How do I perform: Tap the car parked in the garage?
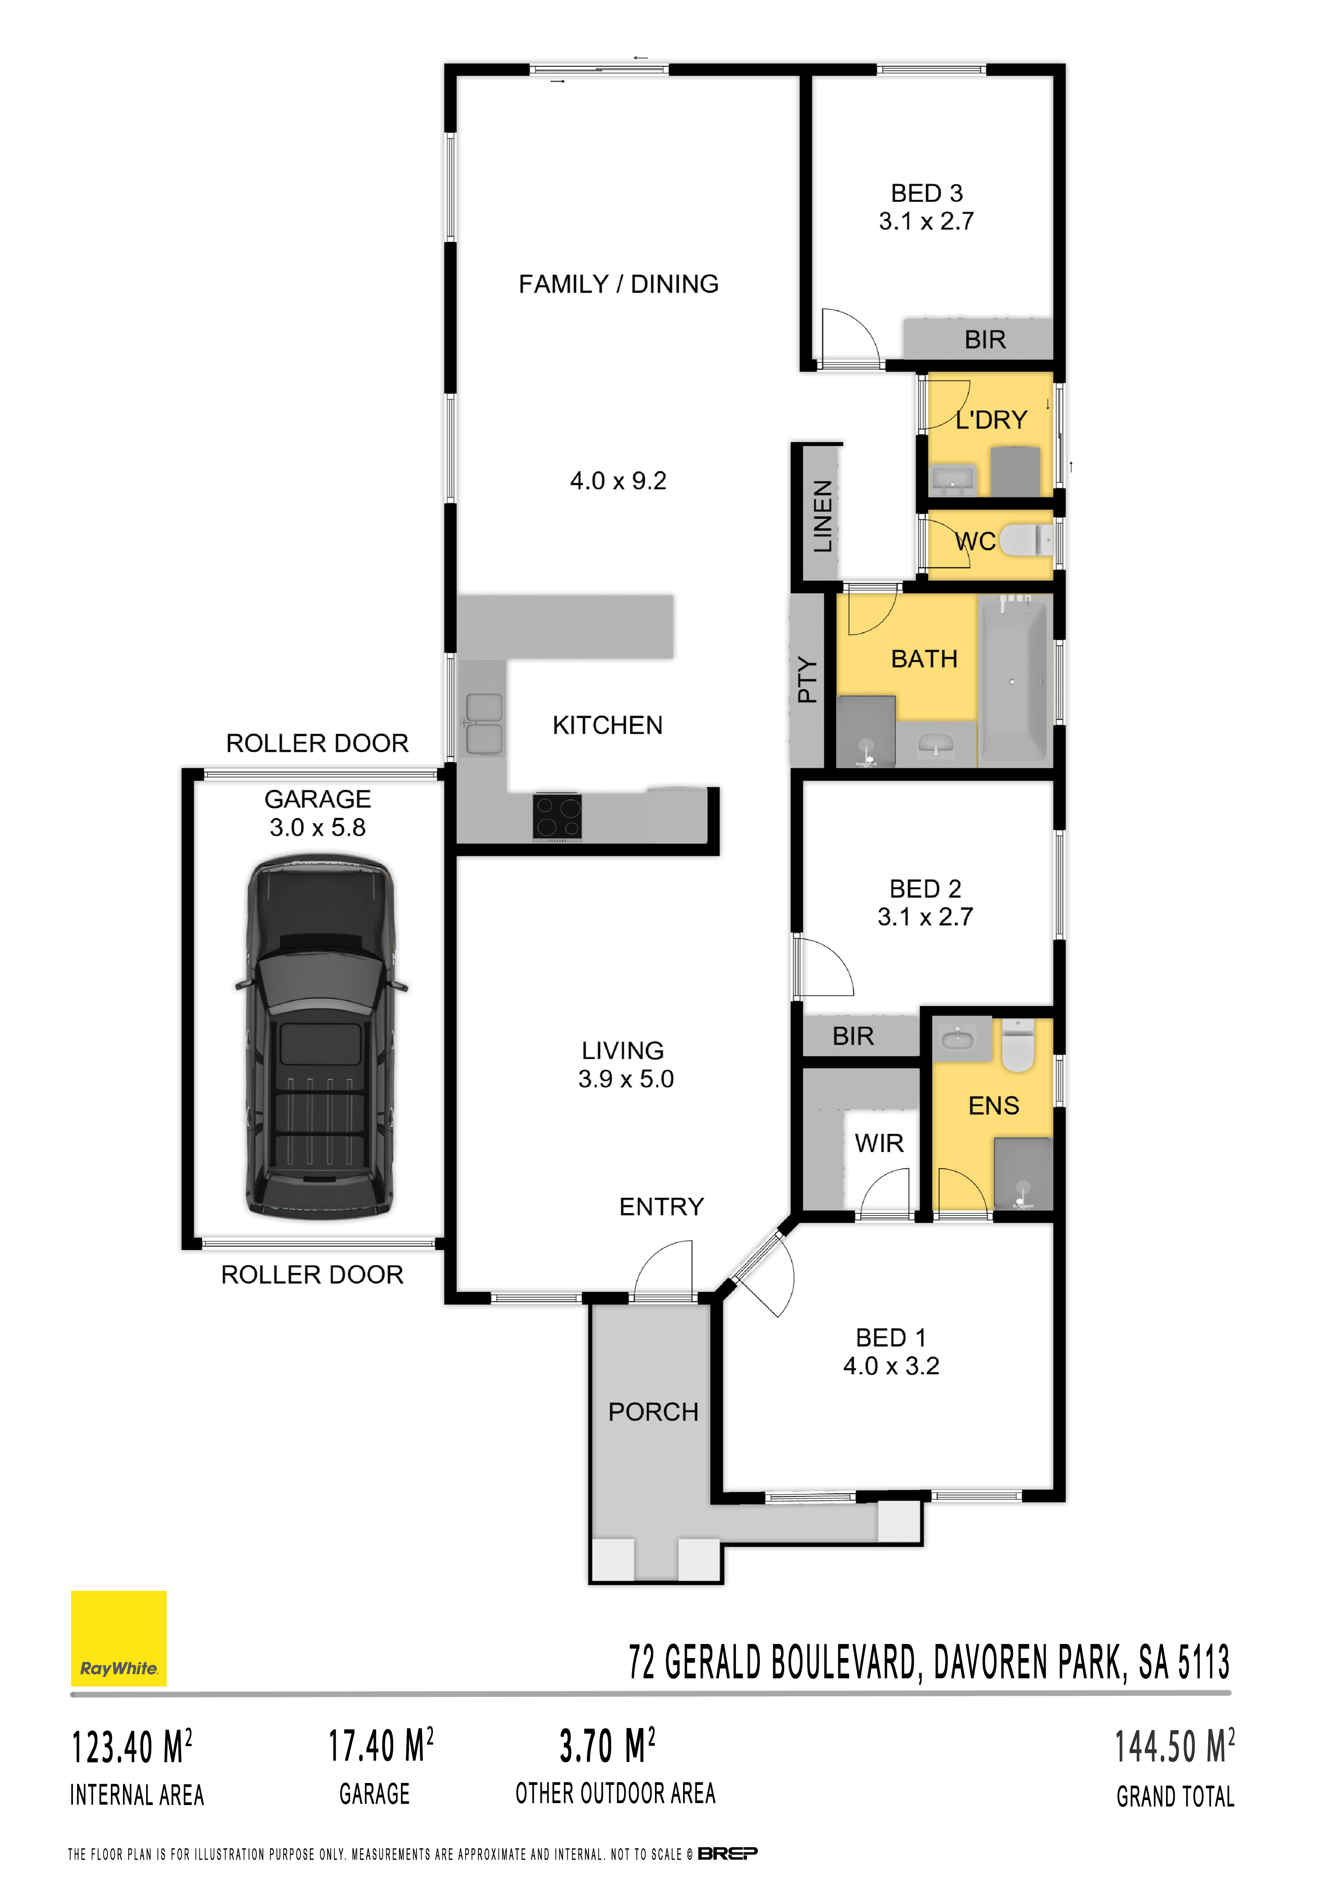tap(320, 1036)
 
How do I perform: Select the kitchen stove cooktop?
tap(558, 816)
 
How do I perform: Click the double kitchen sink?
tap(484, 724)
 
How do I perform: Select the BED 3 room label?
tap(927, 193)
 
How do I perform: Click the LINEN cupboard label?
tap(823, 516)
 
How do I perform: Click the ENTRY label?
tap(661, 1206)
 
